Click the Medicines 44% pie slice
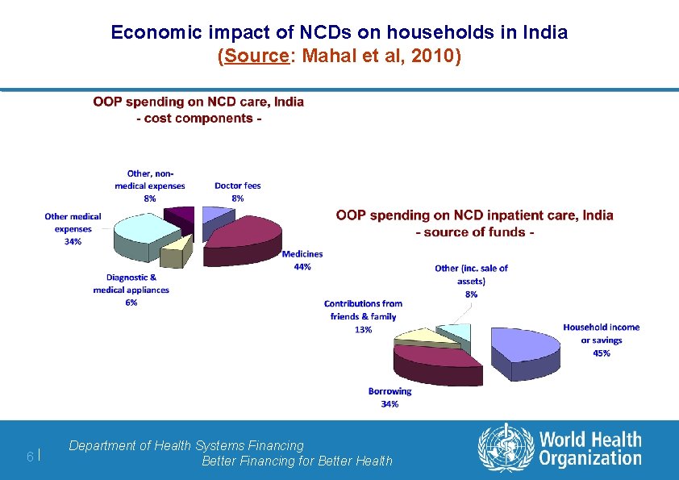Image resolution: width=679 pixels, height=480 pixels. (x=243, y=240)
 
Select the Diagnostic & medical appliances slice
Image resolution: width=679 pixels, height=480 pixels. (x=175, y=253)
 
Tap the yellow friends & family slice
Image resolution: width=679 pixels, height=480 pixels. (x=427, y=339)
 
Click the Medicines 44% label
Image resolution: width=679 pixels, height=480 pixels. (x=302, y=261)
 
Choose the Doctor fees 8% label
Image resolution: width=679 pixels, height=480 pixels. (x=238, y=192)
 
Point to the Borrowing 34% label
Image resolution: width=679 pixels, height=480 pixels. (x=389, y=397)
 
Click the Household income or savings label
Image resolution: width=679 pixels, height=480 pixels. (x=602, y=340)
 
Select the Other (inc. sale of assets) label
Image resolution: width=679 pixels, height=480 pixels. (x=471, y=282)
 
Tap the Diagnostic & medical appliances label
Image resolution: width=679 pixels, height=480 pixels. (x=131, y=290)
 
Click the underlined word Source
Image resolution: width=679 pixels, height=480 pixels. (x=256, y=56)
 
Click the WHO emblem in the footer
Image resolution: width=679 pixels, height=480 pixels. (x=506, y=448)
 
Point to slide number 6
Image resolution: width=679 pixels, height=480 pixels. (x=30, y=456)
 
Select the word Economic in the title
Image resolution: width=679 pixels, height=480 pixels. (x=156, y=32)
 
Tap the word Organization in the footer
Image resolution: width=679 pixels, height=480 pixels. (x=590, y=459)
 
